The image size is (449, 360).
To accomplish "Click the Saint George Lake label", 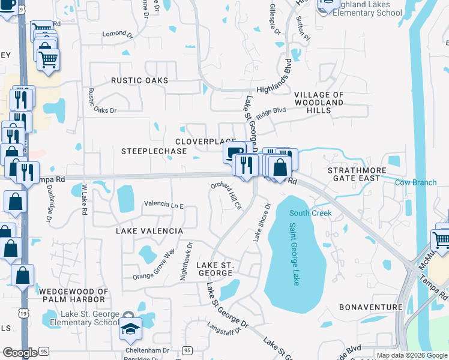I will pos(294,254).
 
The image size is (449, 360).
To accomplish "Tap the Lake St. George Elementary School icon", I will pos(130,328).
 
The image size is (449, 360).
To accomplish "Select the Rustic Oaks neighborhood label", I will pos(139,80).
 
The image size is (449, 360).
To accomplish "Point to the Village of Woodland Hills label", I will pos(318,103).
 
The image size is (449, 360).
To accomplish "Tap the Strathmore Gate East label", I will pos(354,174).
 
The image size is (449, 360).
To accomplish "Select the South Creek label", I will pos(310,213).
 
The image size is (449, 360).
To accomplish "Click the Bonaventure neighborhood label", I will pos(370,307).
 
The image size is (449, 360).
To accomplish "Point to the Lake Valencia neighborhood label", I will pos(148,231).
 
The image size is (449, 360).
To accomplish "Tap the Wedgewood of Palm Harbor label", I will pos(74,296).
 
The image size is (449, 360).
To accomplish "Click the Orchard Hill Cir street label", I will pos(226,196).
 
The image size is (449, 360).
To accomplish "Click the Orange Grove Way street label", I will pos(154,265).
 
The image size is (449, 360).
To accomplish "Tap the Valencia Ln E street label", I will pos(163,205).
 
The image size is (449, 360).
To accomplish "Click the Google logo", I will pos(20,353).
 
